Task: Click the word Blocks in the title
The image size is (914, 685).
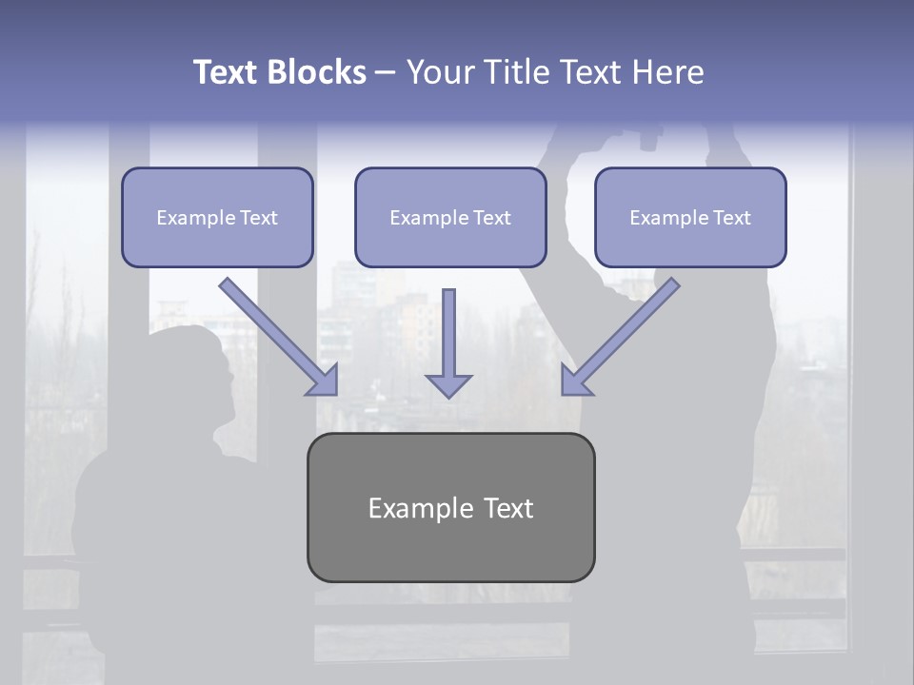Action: [x=316, y=72]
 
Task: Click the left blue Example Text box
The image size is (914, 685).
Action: [x=217, y=218]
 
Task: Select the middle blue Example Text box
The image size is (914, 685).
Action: [x=450, y=218]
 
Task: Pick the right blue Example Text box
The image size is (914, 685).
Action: [x=690, y=218]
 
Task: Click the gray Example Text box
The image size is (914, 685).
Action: [x=450, y=507]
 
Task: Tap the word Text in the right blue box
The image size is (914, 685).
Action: [x=731, y=218]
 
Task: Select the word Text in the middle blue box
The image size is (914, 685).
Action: [x=491, y=218]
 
